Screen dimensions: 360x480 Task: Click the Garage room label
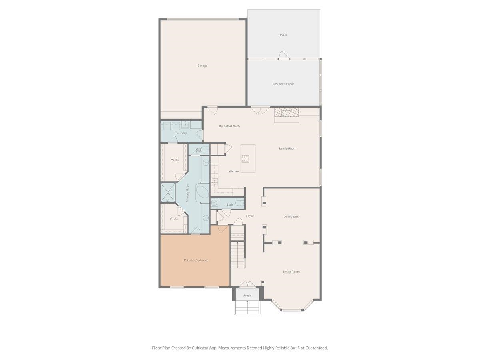[202, 66]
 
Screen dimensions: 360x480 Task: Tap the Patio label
[284, 35]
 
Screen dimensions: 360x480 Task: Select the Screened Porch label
[283, 84]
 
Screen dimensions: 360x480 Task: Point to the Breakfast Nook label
[229, 126]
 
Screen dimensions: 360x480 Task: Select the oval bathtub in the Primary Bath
[202, 193]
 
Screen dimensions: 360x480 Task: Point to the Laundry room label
[181, 133]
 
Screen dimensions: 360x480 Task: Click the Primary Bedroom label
[196, 260]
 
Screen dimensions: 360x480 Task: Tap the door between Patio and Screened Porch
[283, 56]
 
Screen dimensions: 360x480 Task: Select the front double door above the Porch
[247, 284]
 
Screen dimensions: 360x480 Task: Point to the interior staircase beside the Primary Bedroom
[237, 256]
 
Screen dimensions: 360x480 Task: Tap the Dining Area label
[291, 217]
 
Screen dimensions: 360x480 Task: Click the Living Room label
[291, 272]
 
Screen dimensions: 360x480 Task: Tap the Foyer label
[250, 216]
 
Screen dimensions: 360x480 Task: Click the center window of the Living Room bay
[292, 310]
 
